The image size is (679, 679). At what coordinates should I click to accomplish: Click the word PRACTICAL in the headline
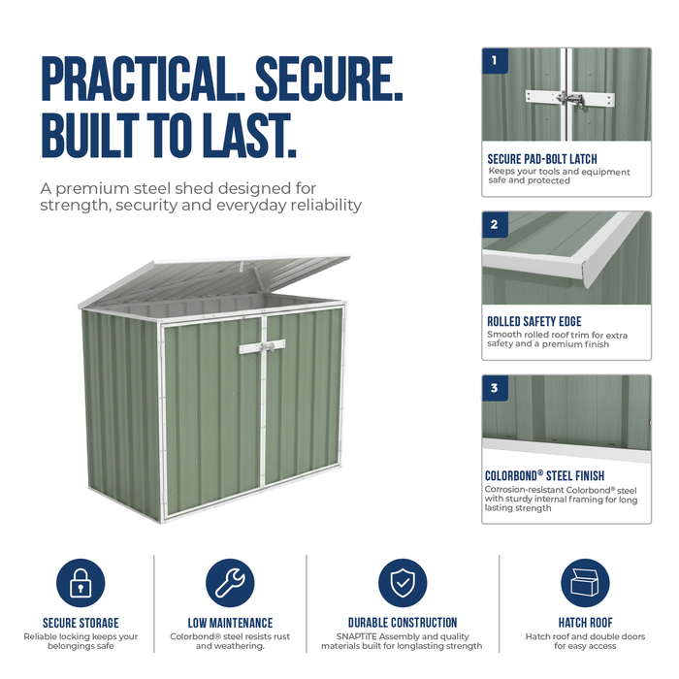coord(143,79)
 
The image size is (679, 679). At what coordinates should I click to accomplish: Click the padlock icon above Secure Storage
coord(81,583)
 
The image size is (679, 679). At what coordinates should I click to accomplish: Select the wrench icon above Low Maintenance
coord(230,583)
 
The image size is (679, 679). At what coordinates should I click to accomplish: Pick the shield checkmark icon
coord(403,583)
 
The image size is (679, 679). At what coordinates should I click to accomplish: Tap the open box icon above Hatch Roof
coord(585,583)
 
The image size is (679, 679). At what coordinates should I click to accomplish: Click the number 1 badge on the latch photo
coord(495,60)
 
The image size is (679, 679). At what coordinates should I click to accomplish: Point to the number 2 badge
coord(495,224)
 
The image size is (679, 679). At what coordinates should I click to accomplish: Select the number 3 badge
coord(495,388)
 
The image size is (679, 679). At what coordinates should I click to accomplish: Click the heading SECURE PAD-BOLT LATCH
coord(542,159)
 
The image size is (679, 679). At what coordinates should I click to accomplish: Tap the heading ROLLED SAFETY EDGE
coord(534,321)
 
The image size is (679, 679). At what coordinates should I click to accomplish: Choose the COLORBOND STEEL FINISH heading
coord(544,475)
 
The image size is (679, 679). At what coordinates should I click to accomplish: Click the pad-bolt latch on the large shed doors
coord(263,346)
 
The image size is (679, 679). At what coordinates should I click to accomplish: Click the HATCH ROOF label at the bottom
coord(585,623)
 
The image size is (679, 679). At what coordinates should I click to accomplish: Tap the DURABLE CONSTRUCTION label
coord(403,623)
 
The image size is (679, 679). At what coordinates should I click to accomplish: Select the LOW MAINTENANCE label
coord(230,623)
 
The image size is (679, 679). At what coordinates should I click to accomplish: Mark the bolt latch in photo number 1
coord(570,101)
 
